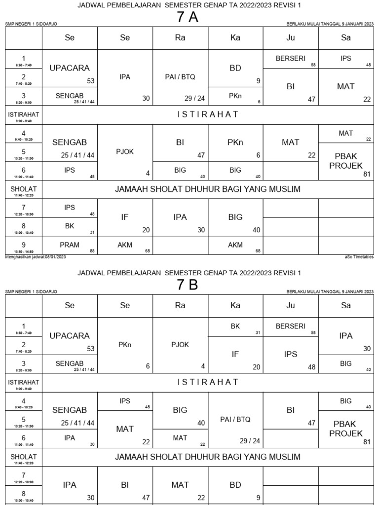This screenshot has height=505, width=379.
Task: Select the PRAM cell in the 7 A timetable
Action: point(70,245)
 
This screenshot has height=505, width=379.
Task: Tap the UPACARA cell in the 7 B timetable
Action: point(70,336)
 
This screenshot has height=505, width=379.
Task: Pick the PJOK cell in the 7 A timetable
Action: point(125,152)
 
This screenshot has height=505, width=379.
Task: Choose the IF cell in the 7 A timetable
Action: point(125,216)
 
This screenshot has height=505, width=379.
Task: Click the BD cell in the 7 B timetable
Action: point(235,485)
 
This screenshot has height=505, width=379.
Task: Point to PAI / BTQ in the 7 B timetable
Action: point(235,419)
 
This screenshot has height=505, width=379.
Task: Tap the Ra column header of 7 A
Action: point(180,37)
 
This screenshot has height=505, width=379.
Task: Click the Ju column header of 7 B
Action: point(291,305)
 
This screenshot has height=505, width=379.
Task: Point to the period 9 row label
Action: point(23,245)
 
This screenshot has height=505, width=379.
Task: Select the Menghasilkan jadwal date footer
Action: point(36,257)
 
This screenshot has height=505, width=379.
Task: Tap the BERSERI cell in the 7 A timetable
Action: point(291,58)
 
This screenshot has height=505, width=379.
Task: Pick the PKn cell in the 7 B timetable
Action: point(125,345)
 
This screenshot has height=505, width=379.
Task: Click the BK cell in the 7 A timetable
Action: point(70,226)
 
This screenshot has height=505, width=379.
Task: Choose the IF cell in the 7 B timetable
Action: point(235,354)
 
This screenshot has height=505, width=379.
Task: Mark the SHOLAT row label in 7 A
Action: point(23,189)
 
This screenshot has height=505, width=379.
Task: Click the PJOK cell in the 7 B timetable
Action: point(180,345)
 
